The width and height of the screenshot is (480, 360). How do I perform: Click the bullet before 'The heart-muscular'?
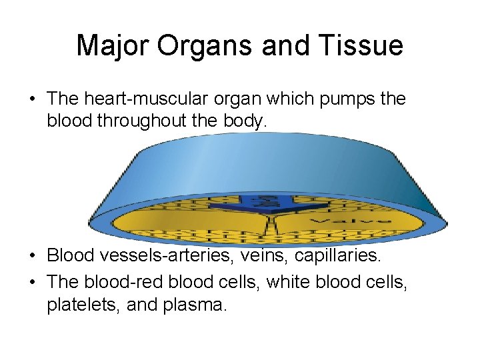pos(32,99)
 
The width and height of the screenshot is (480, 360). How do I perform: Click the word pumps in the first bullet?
pos(342,99)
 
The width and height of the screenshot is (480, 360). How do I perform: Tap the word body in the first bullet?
pos(245,122)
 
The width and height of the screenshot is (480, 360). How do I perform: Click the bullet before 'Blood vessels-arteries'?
pos(32,255)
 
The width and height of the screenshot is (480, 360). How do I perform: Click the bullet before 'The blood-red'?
pos(32,282)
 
